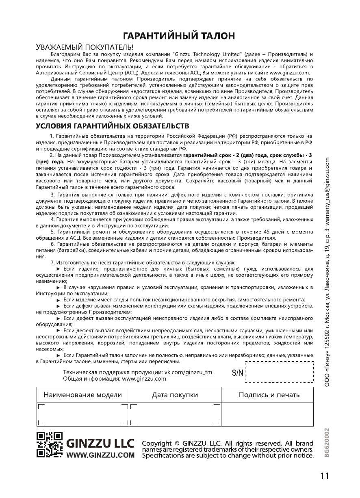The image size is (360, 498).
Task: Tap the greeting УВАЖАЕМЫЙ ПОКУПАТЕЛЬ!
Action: [85, 47]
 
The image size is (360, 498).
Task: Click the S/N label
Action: [237, 372]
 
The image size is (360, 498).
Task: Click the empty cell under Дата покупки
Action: [175, 414]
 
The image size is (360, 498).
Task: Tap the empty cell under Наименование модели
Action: [82, 414]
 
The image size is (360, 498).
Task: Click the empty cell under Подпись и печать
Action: [267, 414]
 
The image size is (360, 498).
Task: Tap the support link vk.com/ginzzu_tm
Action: [188, 372]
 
